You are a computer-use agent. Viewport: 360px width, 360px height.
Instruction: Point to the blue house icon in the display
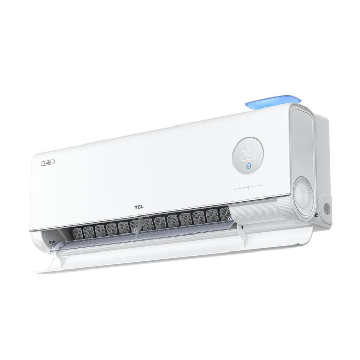point(249,166)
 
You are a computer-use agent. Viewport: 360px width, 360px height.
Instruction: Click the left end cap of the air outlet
point(47,242)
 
